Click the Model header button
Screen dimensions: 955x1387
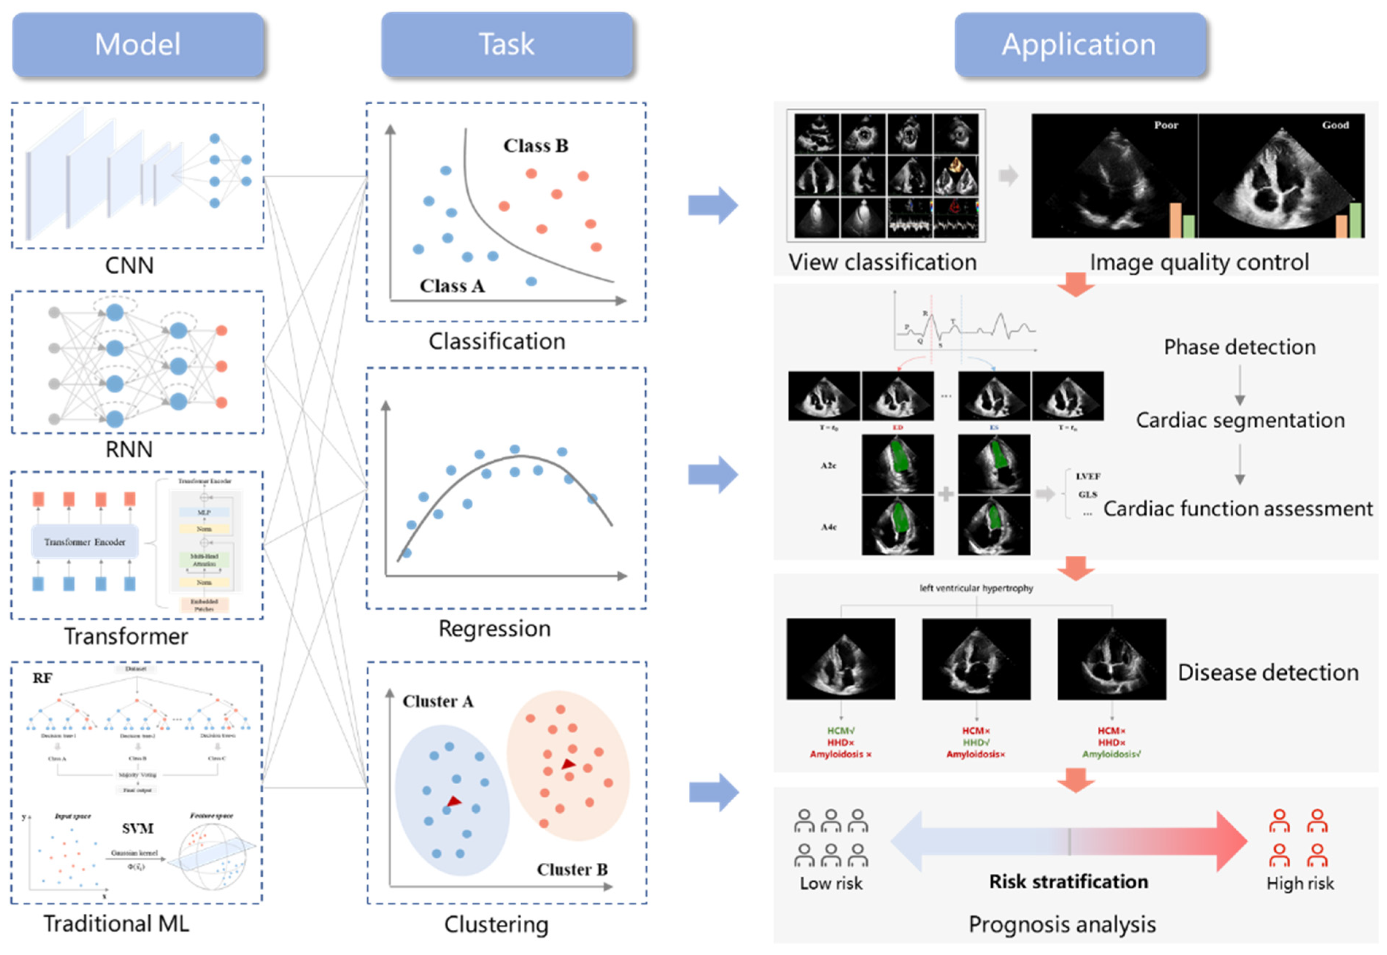138,45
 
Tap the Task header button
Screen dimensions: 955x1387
506,45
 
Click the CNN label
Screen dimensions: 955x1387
129,265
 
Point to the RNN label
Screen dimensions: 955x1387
129,449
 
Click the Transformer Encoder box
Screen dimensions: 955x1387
85,542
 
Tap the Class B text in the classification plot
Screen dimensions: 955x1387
536,146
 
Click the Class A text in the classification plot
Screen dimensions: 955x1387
452,286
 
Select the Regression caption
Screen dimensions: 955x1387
494,628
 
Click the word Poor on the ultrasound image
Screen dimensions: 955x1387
1166,125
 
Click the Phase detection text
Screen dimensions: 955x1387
1239,347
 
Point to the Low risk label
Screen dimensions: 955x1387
831,883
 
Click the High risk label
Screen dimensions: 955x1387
1300,883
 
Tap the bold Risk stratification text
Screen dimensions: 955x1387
1068,881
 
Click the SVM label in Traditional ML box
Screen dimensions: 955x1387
138,829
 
